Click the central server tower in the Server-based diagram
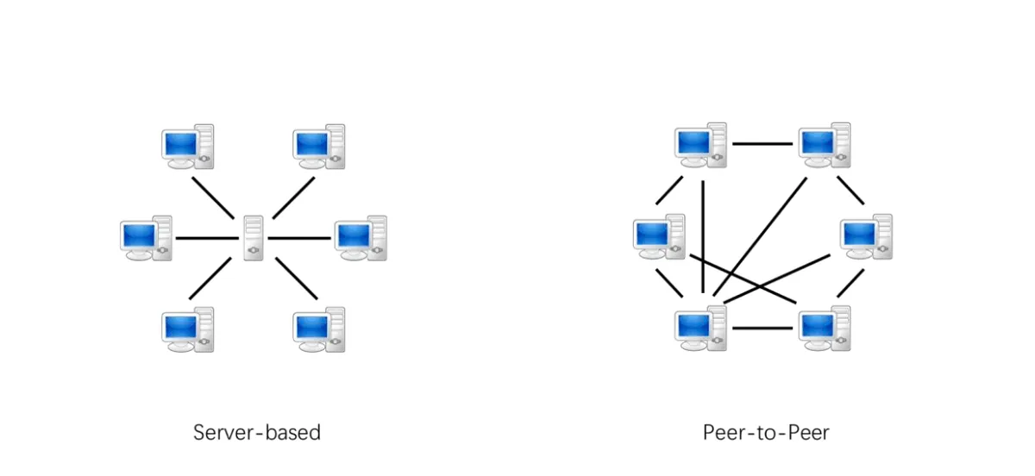pyautogui.click(x=253, y=237)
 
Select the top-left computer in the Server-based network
pyautogui.click(x=188, y=147)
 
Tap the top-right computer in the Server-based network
pyautogui.click(x=318, y=147)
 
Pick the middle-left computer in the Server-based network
pyautogui.click(x=146, y=238)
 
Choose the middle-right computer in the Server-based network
pyautogui.click(x=361, y=238)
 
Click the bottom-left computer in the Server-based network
pyautogui.click(x=188, y=329)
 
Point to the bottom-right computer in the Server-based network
pyautogui.click(x=318, y=329)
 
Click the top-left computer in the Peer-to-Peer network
pyautogui.click(x=700, y=145)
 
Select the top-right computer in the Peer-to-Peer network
pyautogui.click(x=824, y=145)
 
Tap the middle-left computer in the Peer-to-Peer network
pyautogui.click(x=658, y=236)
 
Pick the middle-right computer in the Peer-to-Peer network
pyautogui.click(x=866, y=236)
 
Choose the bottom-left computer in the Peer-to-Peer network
pyautogui.click(x=700, y=329)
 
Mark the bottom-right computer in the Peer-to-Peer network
pyautogui.click(x=824, y=329)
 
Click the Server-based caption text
pyautogui.click(x=257, y=432)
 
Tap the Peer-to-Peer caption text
pyautogui.click(x=766, y=432)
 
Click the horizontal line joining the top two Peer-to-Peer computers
pyautogui.click(x=762, y=144)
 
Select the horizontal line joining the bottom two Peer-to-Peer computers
pyautogui.click(x=762, y=328)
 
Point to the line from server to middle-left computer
pyautogui.click(x=207, y=238)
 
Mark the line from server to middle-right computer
pyautogui.click(x=299, y=238)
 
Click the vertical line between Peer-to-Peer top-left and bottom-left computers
pyautogui.click(x=704, y=237)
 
